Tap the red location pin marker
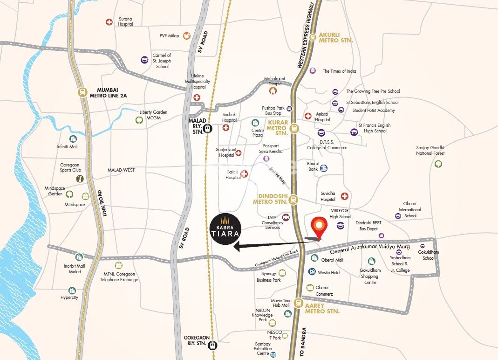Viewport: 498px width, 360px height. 319,227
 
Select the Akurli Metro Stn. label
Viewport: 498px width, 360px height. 336,37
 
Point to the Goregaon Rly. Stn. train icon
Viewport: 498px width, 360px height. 213,346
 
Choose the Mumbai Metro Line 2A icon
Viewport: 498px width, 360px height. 82,92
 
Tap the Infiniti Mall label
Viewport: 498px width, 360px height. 67,146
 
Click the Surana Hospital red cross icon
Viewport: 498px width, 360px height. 109,22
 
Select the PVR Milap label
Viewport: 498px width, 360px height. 170,36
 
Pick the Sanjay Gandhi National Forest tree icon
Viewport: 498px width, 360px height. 438,164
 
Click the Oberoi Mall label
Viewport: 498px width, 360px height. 332,260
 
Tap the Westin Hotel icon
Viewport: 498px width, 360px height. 312,271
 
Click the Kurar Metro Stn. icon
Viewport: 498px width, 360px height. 294,128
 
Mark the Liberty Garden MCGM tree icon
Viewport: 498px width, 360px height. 139,120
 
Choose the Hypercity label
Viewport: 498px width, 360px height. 69,297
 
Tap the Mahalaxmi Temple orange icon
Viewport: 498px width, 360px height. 273,91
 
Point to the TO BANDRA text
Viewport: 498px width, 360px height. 302,343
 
